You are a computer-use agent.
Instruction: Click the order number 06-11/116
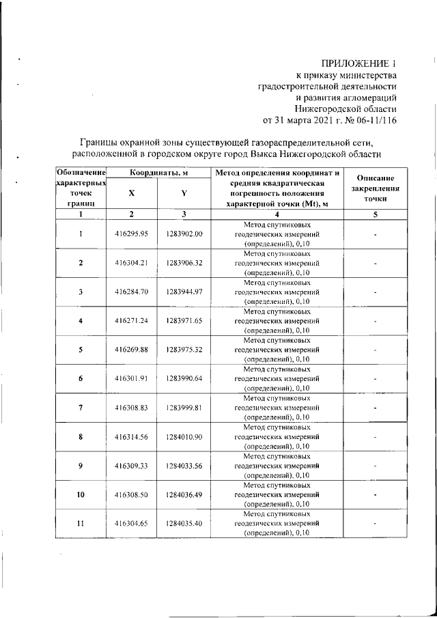point(373,120)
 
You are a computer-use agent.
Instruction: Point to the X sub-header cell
point(131,194)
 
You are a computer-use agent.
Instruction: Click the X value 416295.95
point(131,234)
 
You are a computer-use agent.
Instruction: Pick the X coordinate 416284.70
point(131,292)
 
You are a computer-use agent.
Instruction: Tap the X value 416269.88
point(131,349)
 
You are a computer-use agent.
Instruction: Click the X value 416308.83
point(131,407)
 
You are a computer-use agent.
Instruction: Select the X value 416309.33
point(131,465)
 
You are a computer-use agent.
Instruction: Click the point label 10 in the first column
point(81,494)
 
